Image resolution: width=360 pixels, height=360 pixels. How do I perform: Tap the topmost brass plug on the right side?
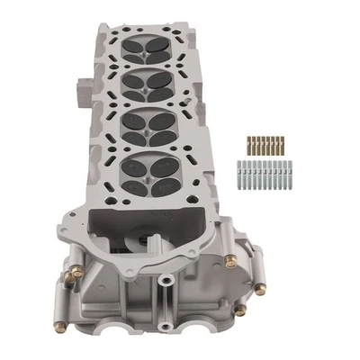229,261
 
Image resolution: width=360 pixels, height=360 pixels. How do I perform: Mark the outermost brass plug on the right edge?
260,289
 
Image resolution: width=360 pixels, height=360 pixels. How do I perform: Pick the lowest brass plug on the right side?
240,310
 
